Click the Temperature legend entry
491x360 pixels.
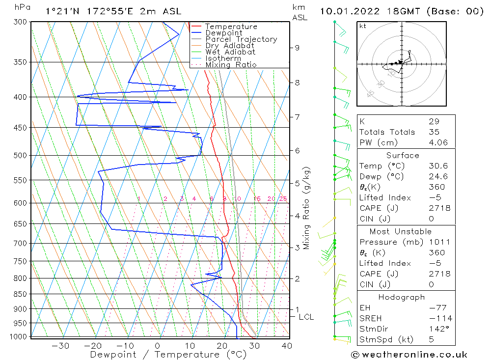coord(231,27)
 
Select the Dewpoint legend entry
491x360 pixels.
coord(224,33)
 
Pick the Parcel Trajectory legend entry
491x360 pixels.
coord(241,39)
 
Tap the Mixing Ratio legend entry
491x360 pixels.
coord(231,65)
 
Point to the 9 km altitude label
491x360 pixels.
coord(297,48)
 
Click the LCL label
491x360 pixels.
coord(306,317)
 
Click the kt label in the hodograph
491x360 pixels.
coord(363,26)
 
